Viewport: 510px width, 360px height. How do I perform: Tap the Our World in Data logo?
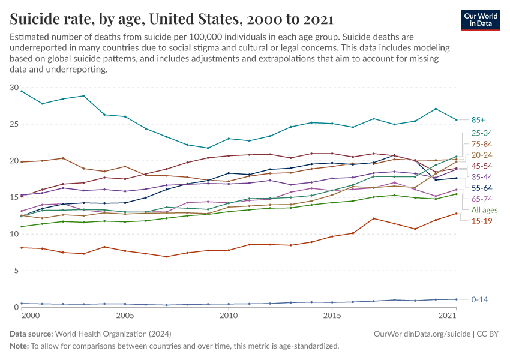tap(481, 20)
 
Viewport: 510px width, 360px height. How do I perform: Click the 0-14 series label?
tap(480, 299)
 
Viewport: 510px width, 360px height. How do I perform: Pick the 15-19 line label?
tap(481, 221)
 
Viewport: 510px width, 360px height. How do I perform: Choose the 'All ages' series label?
tap(484, 210)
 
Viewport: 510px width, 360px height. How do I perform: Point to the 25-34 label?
tap(481, 133)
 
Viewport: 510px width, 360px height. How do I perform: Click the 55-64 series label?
tap(481, 188)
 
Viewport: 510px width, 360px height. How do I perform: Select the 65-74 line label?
tap(481, 199)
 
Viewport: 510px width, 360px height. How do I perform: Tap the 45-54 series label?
tap(481, 166)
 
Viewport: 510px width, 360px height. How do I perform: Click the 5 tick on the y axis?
tap(16, 271)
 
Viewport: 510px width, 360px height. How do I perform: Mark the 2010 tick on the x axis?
tap(228, 316)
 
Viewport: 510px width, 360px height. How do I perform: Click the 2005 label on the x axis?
tap(125, 316)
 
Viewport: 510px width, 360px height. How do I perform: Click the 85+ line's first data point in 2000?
tap(22, 91)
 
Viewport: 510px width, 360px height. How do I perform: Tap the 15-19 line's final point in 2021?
tap(457, 214)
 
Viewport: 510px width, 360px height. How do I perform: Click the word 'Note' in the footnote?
tap(19, 346)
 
